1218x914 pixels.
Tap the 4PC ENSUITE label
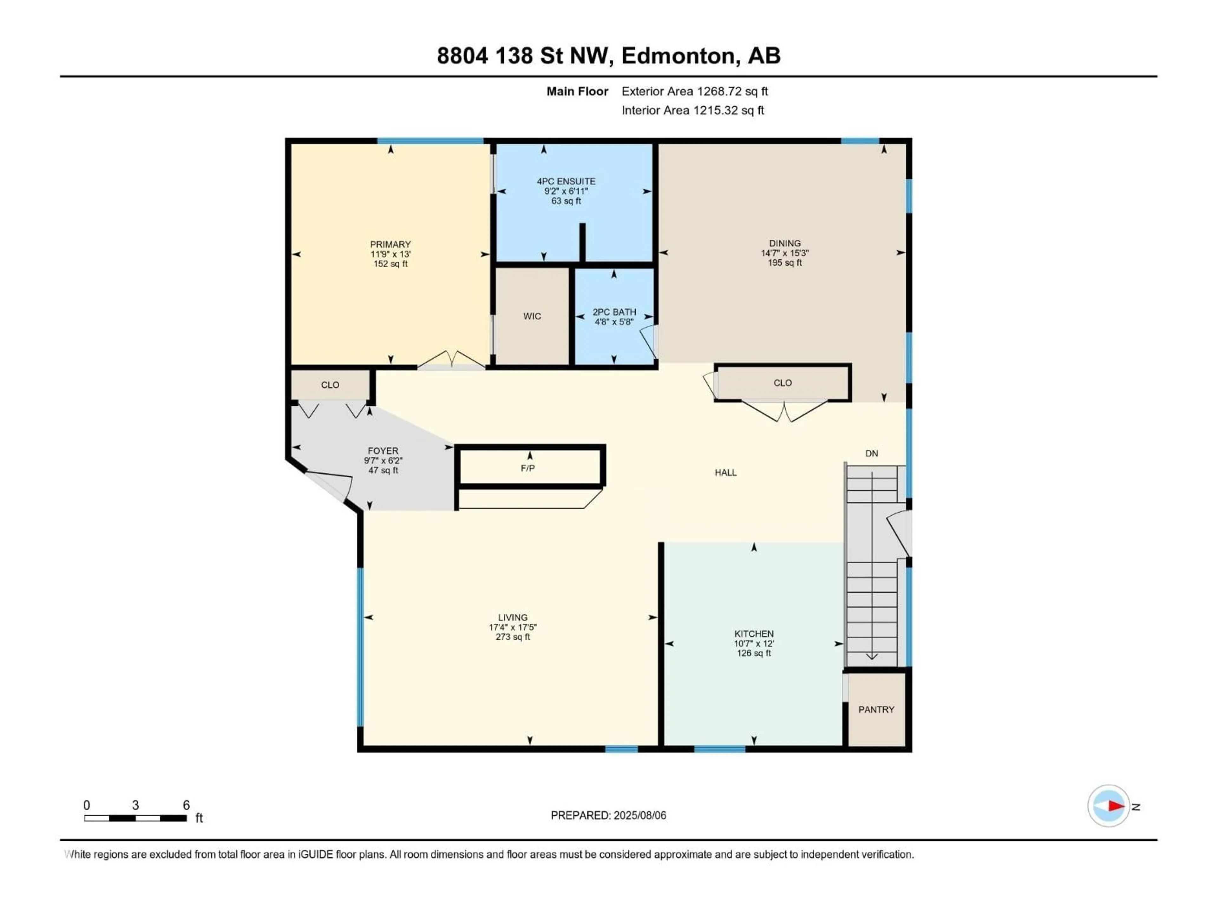(566, 181)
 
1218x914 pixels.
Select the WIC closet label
(532, 316)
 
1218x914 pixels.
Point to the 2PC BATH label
(614, 312)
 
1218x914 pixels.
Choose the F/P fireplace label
(527, 468)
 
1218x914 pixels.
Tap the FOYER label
(383, 451)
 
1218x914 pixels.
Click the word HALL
(725, 473)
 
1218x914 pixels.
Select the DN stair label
(872, 454)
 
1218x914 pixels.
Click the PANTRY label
(876, 710)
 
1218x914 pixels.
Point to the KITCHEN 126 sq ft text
(754, 653)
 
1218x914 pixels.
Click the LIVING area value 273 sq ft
(513, 637)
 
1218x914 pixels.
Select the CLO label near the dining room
(783, 383)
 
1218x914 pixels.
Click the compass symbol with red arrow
(1109, 806)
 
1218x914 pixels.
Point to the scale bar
(135, 818)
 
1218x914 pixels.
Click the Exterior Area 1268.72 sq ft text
(694, 91)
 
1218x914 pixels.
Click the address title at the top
(608, 56)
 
